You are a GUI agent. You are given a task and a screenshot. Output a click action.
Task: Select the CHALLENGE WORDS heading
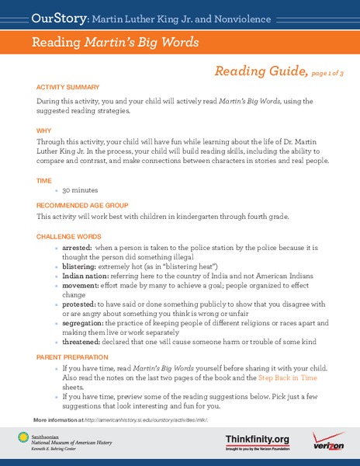67,236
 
